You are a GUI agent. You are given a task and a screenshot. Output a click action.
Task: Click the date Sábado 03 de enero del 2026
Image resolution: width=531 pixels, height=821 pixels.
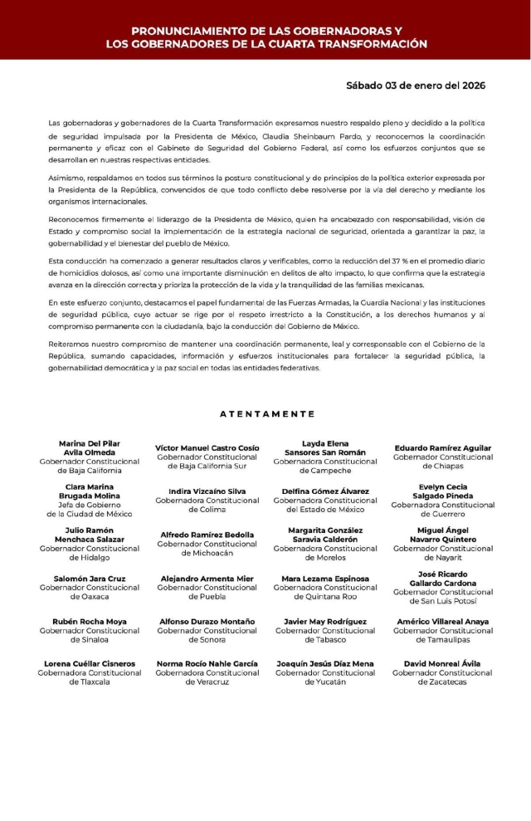coord(416,86)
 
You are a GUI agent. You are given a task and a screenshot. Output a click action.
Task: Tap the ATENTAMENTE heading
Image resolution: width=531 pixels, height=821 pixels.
coord(267,413)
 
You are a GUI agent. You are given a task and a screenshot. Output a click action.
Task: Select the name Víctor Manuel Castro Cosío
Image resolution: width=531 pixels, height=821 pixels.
coord(207,448)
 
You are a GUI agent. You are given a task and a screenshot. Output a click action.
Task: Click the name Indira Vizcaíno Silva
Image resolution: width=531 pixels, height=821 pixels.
coord(207,491)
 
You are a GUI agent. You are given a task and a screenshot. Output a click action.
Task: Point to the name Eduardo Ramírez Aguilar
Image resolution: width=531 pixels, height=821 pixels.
coord(442,448)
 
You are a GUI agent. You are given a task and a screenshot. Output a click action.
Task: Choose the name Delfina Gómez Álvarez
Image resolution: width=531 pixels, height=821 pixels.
coord(325,491)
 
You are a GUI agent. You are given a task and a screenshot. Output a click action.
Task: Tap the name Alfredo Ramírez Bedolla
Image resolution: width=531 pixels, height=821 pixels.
coord(207,535)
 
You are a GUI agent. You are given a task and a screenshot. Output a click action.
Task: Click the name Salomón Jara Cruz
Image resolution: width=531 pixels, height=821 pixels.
coord(90,578)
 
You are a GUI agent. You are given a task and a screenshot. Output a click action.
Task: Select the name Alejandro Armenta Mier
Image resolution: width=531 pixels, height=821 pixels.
coord(207,578)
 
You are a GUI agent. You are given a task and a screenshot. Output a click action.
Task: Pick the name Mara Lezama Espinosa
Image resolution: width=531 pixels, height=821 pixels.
coord(325,578)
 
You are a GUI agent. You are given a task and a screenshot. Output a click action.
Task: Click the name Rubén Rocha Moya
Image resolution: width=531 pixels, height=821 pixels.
coord(90,621)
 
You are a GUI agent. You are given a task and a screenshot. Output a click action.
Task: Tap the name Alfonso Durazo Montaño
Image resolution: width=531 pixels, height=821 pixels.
coord(207,621)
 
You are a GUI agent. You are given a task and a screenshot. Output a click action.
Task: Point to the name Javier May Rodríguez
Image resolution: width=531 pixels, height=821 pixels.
coord(325,621)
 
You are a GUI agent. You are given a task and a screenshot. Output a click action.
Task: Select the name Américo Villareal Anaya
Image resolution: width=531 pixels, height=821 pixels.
coord(442,621)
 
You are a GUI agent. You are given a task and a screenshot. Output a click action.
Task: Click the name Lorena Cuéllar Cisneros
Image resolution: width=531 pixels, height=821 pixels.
coord(90,663)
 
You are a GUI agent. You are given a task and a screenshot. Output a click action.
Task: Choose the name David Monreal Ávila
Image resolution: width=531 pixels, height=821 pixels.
coord(442,663)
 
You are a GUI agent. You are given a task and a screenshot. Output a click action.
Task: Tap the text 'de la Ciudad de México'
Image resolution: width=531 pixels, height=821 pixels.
coord(90,514)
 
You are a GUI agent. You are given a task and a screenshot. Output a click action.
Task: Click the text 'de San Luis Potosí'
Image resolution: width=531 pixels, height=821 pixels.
coord(442,601)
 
